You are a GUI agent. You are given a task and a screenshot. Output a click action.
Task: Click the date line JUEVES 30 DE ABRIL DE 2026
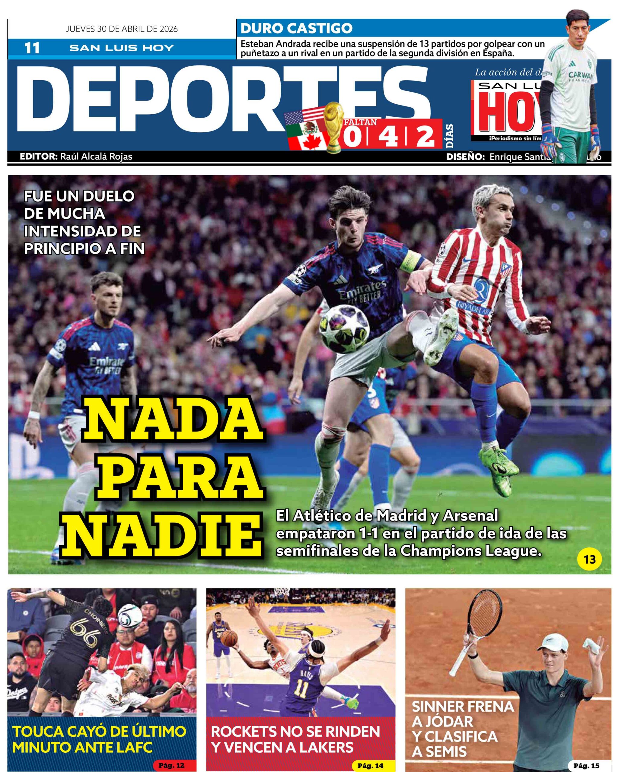click(122, 29)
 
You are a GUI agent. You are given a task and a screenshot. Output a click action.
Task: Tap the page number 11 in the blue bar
click(32, 48)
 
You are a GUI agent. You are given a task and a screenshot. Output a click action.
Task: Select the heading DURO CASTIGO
click(296, 28)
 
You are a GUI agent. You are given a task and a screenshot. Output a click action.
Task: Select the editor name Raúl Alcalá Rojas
click(96, 157)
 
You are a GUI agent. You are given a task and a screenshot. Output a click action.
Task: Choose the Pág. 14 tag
click(370, 763)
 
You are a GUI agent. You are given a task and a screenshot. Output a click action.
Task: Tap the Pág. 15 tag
click(587, 763)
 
